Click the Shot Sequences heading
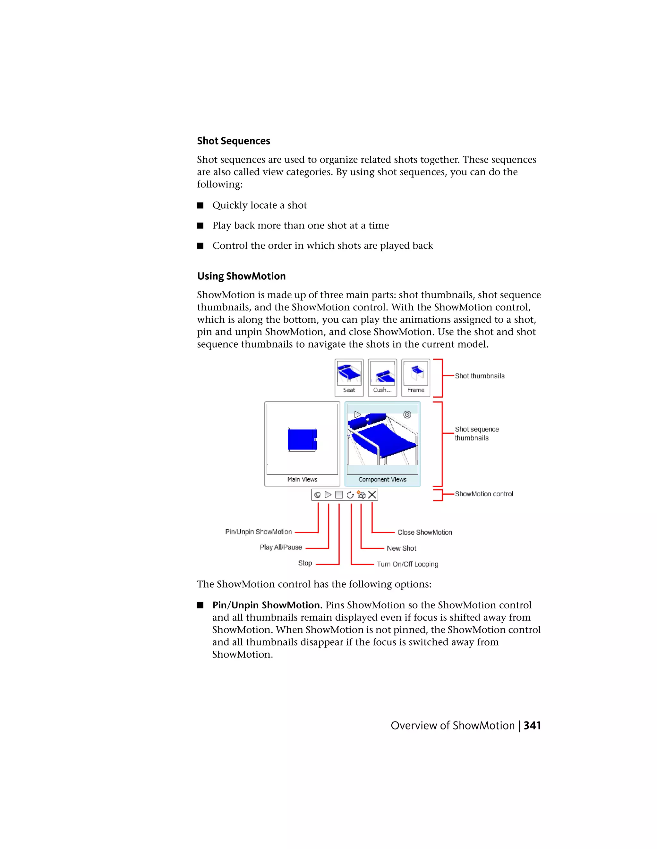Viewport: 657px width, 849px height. (x=233, y=141)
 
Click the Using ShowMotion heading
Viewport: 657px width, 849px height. (x=241, y=276)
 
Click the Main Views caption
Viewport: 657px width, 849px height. (x=303, y=479)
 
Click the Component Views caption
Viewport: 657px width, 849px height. (x=382, y=479)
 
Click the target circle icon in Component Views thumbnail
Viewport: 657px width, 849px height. (x=407, y=414)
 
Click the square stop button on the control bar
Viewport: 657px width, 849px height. (x=339, y=494)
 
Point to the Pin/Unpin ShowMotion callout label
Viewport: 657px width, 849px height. (x=259, y=532)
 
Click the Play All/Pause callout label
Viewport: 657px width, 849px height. (x=281, y=547)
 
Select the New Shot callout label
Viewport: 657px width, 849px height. (x=401, y=548)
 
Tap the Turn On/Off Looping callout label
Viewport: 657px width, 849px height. (x=407, y=564)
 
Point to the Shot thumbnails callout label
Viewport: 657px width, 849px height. (x=480, y=376)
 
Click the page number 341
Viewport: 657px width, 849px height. (x=532, y=725)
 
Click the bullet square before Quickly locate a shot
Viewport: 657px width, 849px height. (x=201, y=205)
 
